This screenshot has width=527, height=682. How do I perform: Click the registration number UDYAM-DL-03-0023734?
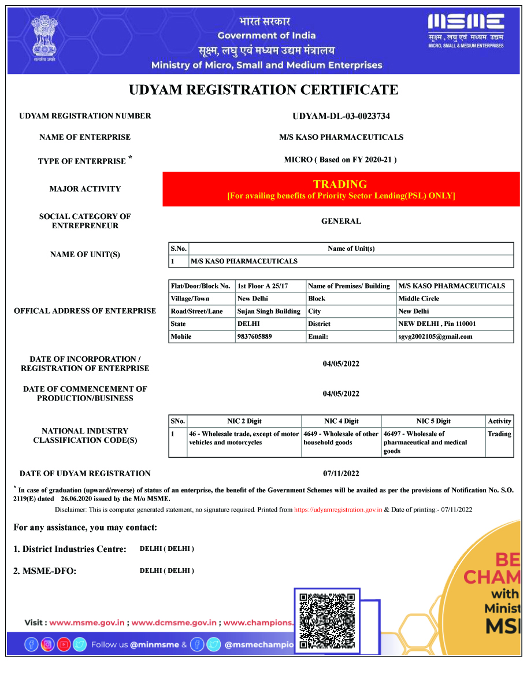341,116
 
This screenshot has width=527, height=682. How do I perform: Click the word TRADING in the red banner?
340,184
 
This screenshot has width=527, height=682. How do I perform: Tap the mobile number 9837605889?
254,336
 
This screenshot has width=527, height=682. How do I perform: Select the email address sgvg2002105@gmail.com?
435,336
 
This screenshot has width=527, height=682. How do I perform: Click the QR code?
326,621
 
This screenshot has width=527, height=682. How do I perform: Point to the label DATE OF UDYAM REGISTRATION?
85,473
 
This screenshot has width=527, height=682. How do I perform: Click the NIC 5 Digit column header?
433,421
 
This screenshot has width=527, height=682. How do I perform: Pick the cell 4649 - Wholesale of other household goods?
341,438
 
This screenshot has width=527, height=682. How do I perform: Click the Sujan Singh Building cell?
269,311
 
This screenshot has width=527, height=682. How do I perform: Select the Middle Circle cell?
418,298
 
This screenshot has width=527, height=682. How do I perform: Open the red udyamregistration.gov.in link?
338,510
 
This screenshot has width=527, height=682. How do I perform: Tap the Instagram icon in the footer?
47,644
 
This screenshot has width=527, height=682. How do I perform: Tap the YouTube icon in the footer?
64,644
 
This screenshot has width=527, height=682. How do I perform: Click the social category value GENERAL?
341,221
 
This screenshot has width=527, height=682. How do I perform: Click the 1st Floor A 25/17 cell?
262,286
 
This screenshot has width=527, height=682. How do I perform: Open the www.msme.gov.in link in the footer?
87,622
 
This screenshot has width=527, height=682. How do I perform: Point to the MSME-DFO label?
44,571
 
